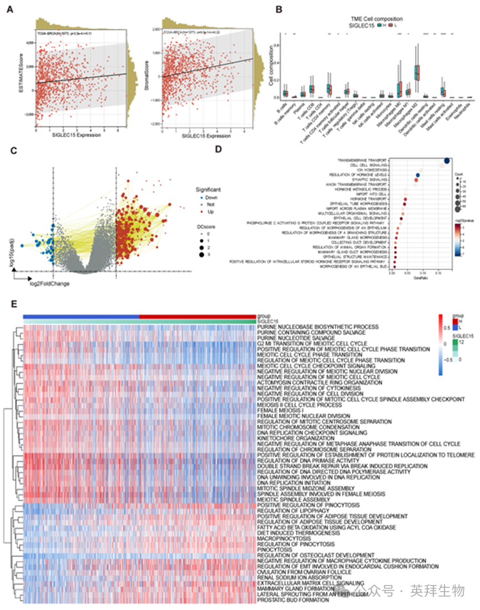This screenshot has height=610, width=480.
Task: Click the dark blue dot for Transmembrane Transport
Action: click(447, 160)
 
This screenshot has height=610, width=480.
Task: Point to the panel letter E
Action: click(8, 305)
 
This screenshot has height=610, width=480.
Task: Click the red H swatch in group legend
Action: click(456, 321)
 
